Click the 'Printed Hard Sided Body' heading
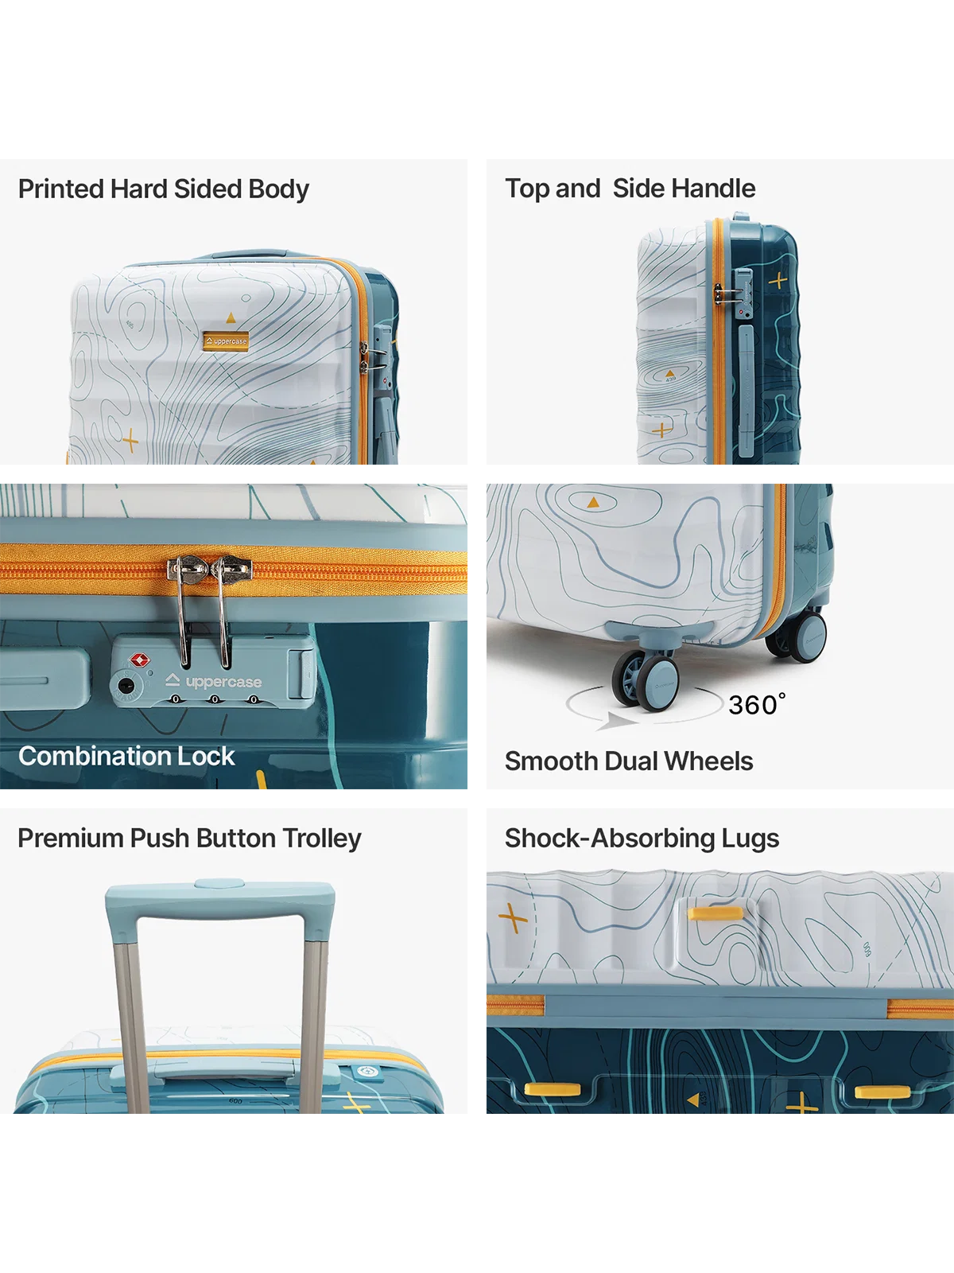click(163, 189)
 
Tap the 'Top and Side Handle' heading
click(630, 189)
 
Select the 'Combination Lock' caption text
click(126, 757)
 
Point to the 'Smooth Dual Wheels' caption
click(629, 761)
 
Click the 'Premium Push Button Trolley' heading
click(189, 839)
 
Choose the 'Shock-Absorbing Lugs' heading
click(642, 839)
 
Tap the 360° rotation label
click(757, 705)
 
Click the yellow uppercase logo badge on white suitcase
click(226, 341)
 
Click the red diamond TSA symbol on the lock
click(139, 660)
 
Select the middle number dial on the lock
click(215, 699)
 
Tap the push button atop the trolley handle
click(219, 883)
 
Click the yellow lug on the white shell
click(715, 914)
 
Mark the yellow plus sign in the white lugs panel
click(513, 918)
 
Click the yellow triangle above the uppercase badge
click(231, 317)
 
